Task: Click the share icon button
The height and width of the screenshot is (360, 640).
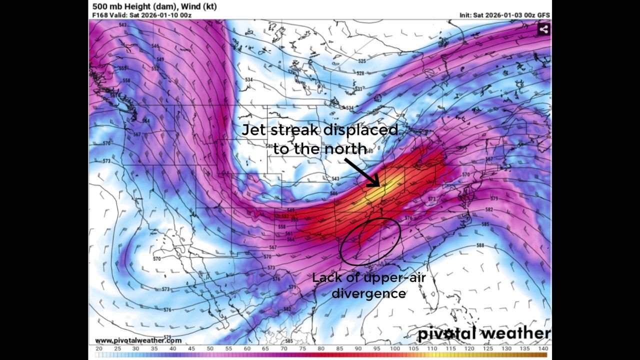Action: (544, 29)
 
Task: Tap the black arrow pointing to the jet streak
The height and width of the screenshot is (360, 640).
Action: (364, 172)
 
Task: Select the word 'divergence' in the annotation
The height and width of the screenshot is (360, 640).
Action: (368, 293)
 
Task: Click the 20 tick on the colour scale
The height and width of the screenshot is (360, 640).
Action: (99, 348)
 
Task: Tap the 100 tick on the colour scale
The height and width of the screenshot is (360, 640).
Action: (395, 348)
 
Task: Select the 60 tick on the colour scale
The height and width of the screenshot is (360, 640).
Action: (247, 348)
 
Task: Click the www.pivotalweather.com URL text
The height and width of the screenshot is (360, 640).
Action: (138, 340)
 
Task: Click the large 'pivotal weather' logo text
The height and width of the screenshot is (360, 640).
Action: (483, 333)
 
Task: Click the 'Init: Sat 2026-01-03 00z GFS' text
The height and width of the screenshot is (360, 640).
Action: (504, 15)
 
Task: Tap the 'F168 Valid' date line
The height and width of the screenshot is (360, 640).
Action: (142, 15)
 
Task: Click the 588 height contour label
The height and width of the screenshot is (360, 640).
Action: (480, 245)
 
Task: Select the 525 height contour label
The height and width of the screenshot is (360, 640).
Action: (361, 61)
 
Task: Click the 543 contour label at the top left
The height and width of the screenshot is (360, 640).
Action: (122, 25)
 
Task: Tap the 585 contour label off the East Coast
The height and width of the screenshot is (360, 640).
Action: (485, 224)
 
